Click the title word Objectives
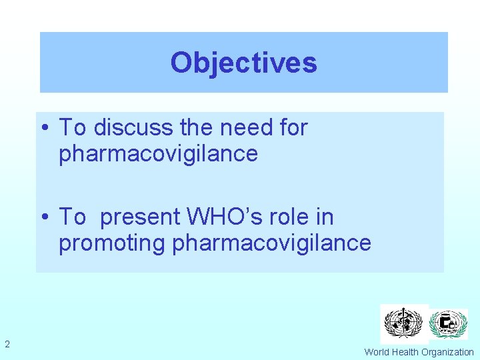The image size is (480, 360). click(x=243, y=63)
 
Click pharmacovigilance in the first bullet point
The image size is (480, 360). click(x=158, y=153)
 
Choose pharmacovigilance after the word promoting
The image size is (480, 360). click(x=271, y=243)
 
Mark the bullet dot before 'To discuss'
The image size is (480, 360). click(x=48, y=127)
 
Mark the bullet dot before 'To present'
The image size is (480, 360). click(x=48, y=217)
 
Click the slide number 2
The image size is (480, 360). click(x=7, y=344)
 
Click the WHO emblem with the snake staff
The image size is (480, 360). click(x=404, y=324)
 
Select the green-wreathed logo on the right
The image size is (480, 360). click(x=448, y=325)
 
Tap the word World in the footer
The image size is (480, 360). click(x=377, y=352)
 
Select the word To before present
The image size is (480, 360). click(x=73, y=217)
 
